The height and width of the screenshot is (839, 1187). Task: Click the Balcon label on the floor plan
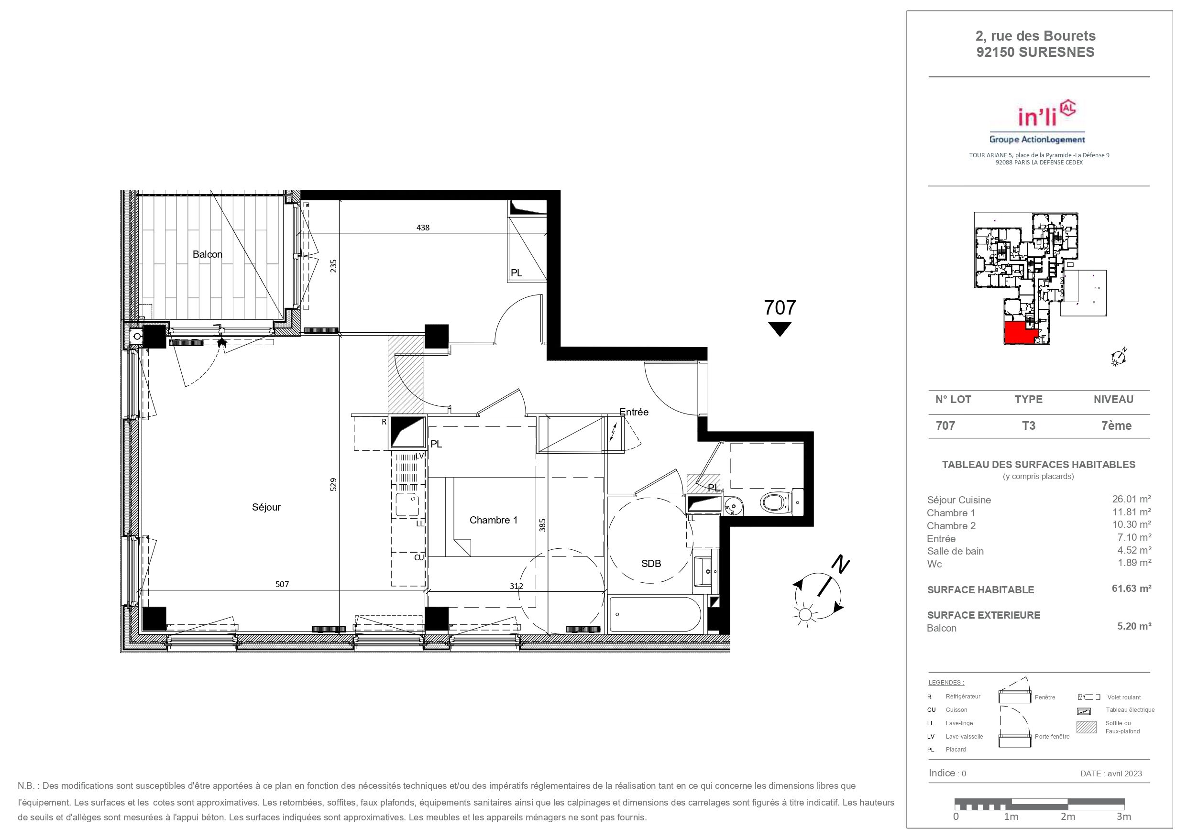point(207,254)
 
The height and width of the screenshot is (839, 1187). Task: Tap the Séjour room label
point(266,507)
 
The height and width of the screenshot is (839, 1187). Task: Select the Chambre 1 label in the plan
point(493,520)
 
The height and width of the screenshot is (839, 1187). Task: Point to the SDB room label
point(651,564)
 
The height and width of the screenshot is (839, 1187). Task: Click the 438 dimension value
point(423,228)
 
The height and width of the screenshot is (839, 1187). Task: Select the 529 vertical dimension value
point(333,484)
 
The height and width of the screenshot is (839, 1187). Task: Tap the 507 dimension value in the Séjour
point(282,585)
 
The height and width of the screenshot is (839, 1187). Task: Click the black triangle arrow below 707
point(780,329)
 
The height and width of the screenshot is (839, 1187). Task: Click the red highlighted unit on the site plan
point(1020,332)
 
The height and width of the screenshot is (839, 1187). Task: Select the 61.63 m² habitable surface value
point(1134,588)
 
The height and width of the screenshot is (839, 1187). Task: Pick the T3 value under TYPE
point(1028,425)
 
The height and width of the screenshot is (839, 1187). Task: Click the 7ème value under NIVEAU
point(1116,425)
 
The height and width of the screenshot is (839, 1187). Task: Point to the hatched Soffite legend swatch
point(1086,727)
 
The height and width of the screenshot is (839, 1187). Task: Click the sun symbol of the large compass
point(804,615)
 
